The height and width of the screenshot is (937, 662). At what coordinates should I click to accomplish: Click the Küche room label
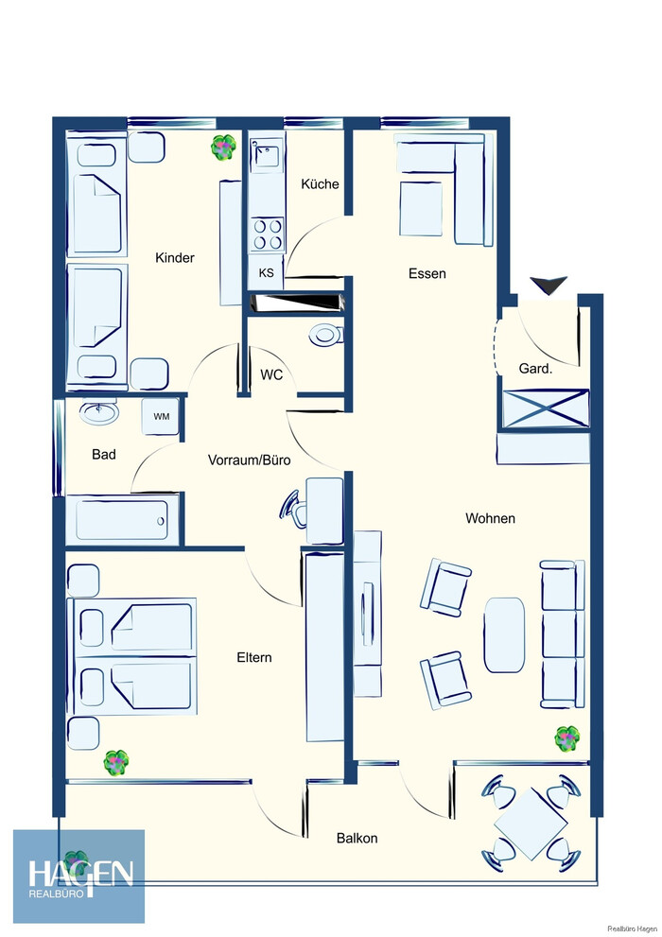coord(320,184)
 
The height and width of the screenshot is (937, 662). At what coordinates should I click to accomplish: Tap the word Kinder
coord(174,257)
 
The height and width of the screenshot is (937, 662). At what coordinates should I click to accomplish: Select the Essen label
coord(427,273)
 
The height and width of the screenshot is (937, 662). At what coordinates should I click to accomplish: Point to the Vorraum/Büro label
coord(249,460)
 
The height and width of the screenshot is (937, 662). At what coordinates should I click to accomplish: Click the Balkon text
coord(357,838)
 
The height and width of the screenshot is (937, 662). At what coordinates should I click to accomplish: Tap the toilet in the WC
coord(325,334)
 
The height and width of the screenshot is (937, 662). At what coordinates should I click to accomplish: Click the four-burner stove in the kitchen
coord(267,234)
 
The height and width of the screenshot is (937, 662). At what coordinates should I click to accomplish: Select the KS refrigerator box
coord(267,272)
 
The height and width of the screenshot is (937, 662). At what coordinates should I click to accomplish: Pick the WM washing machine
coord(161,416)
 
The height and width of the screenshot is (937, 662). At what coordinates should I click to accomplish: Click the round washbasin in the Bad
coord(99,411)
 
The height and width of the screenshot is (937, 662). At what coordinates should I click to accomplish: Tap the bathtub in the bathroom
coord(122,519)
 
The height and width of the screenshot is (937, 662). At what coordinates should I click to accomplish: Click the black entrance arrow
coord(549,286)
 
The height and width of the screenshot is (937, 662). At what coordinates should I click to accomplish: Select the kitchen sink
coord(267,155)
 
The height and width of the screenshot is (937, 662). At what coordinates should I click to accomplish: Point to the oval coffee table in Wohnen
coord(505,635)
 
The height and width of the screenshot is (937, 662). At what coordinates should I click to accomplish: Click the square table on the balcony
coord(531,823)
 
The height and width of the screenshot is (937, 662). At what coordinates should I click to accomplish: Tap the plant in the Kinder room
coord(223,147)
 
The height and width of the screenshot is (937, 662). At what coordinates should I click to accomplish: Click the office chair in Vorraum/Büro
coord(294,508)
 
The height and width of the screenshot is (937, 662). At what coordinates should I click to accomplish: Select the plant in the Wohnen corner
coord(566,739)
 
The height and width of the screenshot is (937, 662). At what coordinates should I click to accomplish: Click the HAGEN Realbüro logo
coord(78,876)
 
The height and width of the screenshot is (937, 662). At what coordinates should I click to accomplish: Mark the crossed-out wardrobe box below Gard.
coord(546,408)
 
